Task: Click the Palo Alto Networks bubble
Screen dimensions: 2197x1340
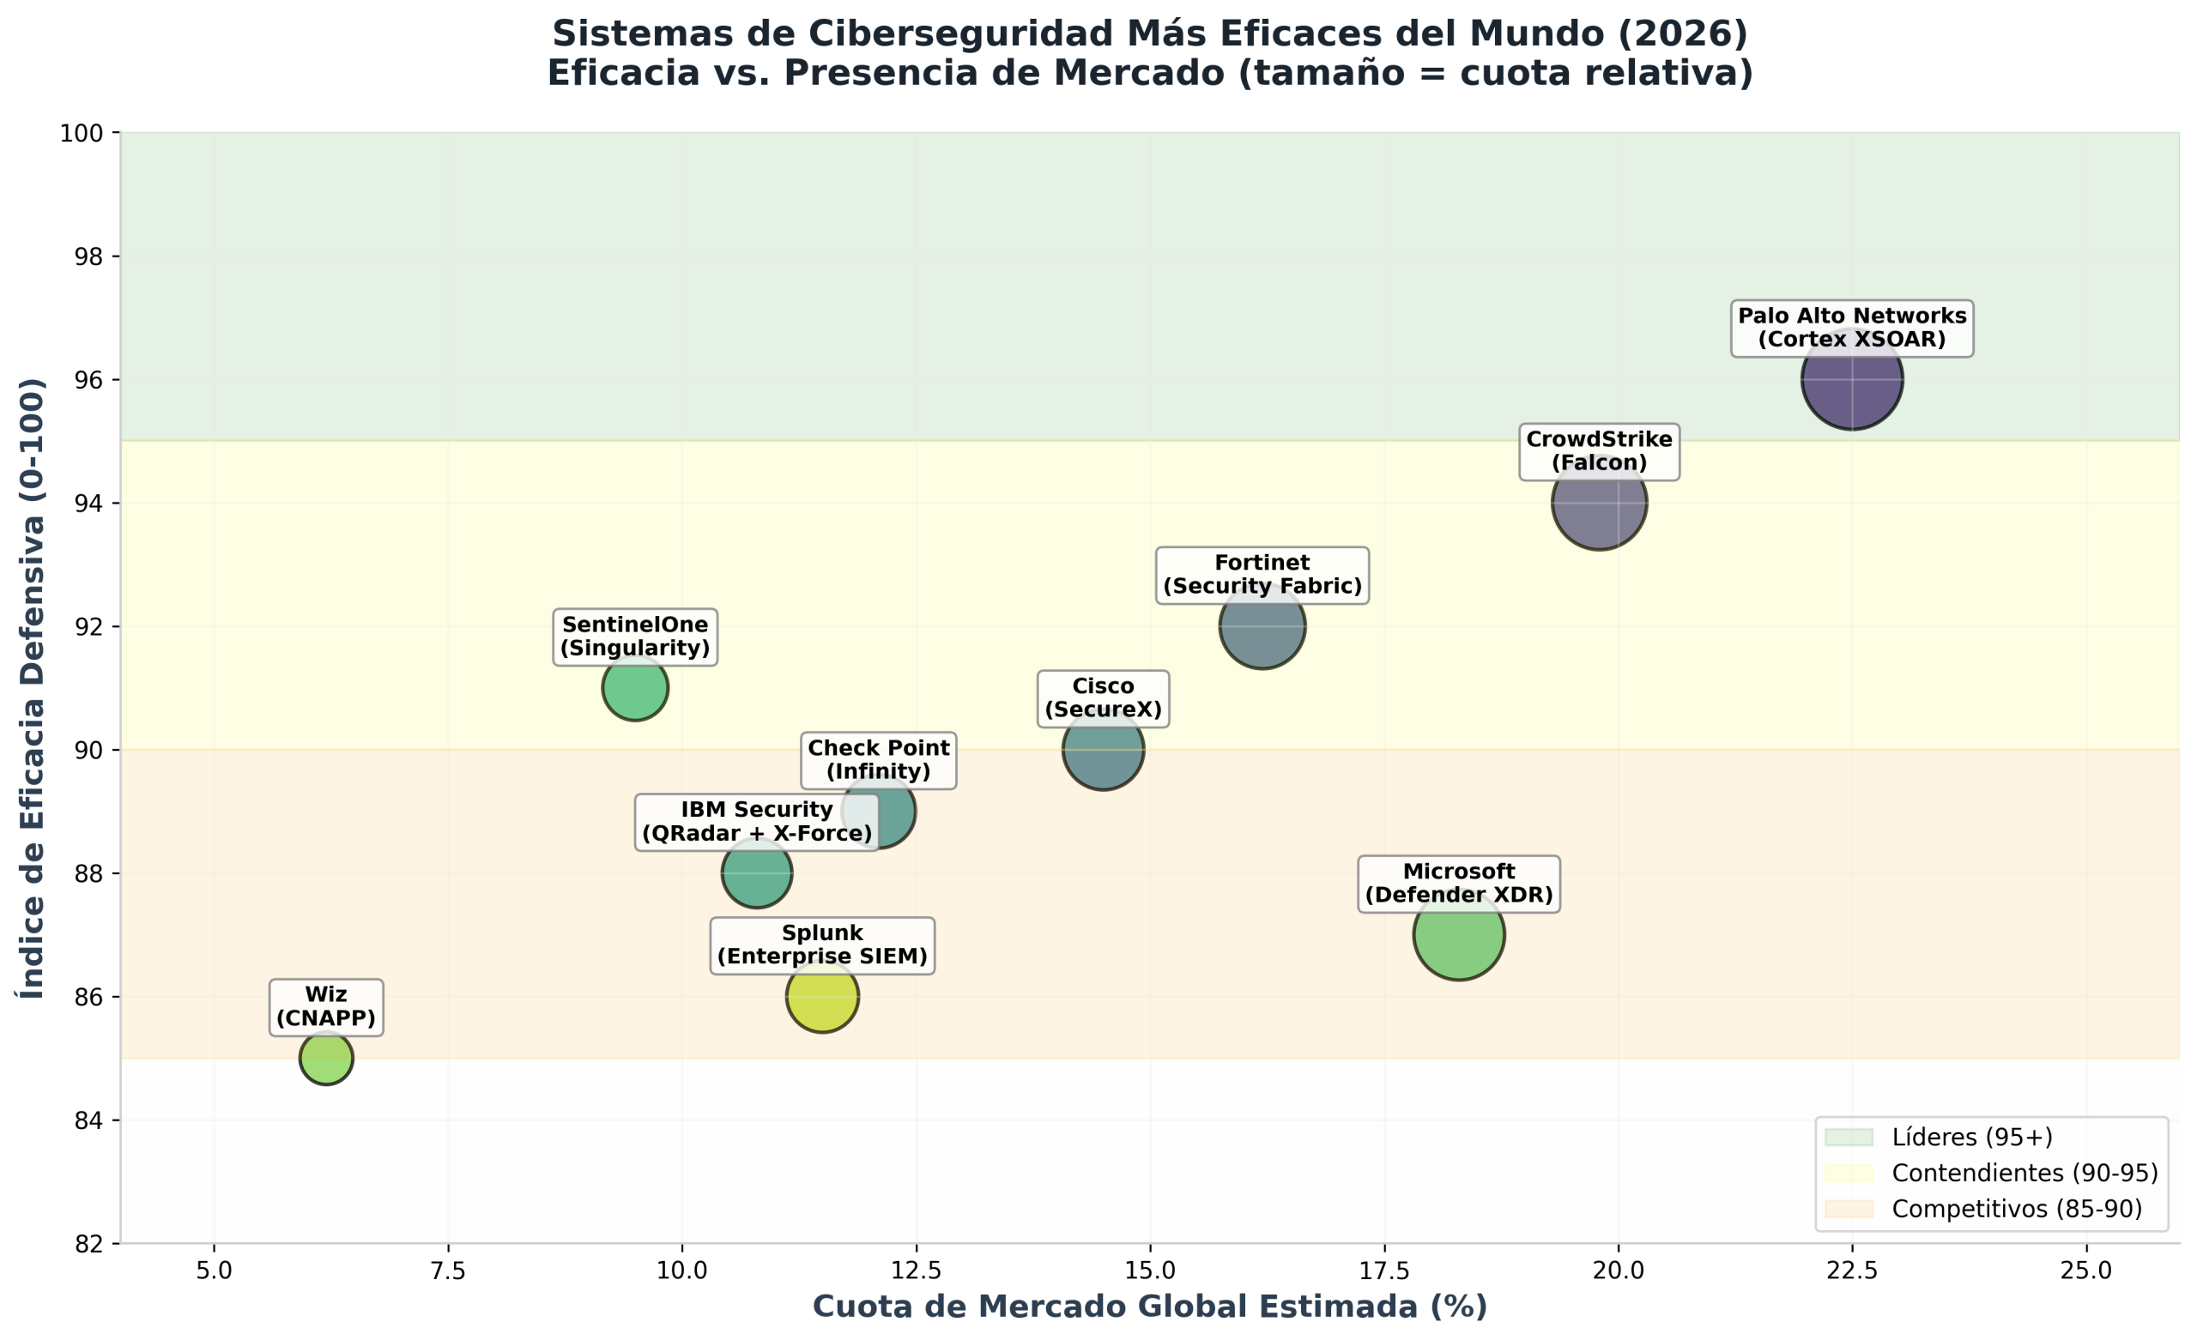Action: point(1852,379)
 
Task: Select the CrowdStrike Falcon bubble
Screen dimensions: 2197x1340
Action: point(1599,503)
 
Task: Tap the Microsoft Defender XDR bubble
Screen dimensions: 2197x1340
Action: point(1459,934)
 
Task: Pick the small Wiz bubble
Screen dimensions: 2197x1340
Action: point(326,1059)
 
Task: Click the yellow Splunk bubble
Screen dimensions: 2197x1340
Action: point(822,996)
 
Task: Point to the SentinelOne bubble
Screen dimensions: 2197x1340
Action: point(635,687)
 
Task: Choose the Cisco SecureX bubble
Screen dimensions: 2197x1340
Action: point(1103,750)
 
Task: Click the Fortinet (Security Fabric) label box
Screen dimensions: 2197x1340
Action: point(1262,575)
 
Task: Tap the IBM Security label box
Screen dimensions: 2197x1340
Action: point(757,822)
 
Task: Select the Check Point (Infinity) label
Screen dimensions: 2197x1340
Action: point(878,760)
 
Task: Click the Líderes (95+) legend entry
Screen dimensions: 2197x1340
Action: point(1940,1138)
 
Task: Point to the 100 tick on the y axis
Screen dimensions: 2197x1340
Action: point(82,133)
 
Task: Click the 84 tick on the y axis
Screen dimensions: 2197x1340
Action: point(89,1120)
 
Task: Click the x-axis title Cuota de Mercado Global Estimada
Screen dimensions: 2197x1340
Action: point(1150,1307)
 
